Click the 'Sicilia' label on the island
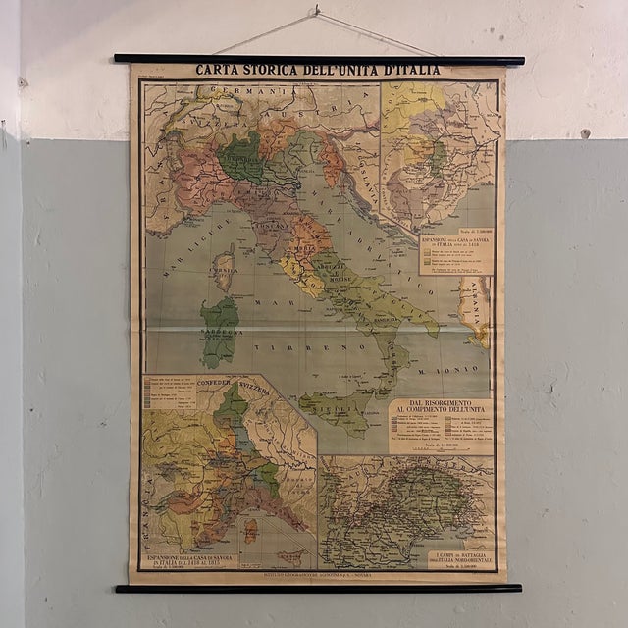pos(334,403)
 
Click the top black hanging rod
pos(319,60)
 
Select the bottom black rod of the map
pos(319,588)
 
